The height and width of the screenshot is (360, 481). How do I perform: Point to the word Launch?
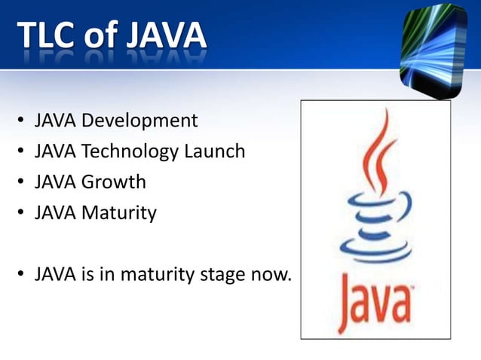214,152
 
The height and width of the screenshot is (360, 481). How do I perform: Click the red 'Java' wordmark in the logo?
372,301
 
